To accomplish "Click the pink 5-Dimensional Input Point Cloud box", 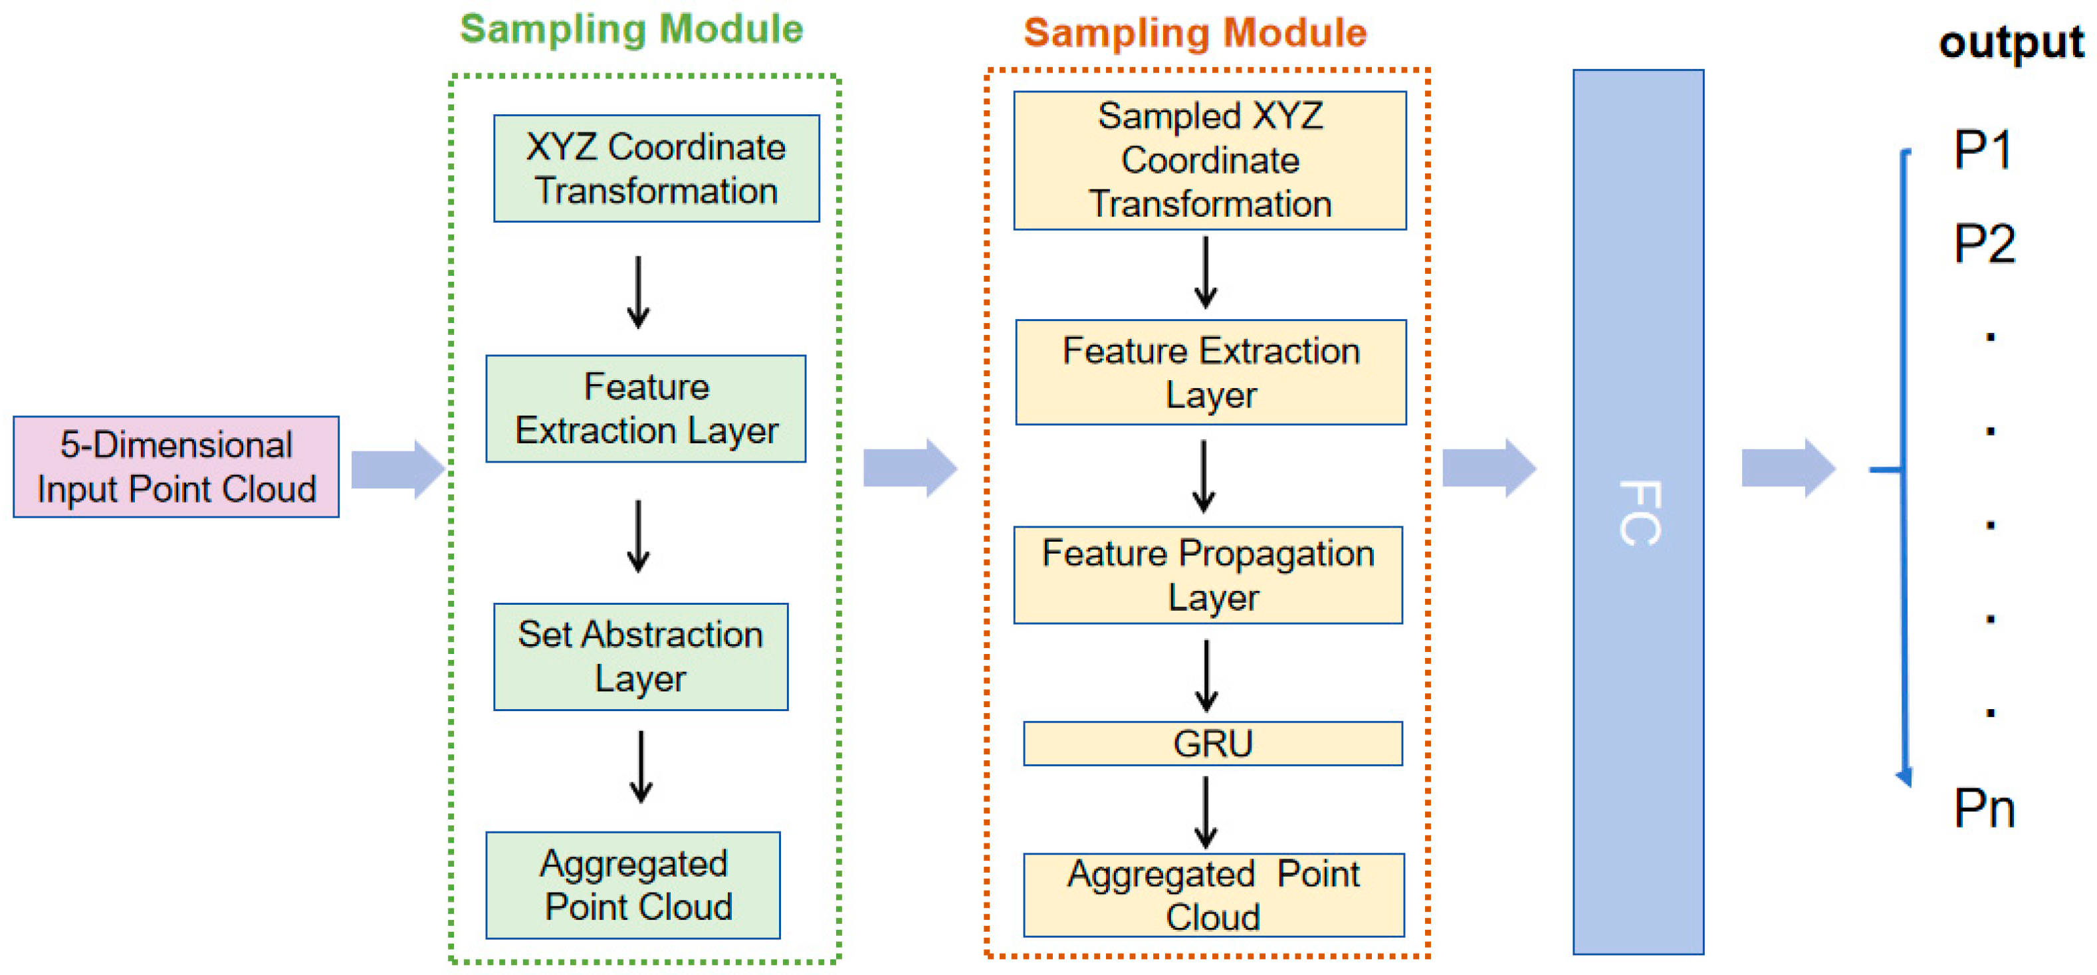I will [x=176, y=467].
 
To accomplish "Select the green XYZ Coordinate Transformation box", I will [x=656, y=168].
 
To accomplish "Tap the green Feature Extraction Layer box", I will [x=645, y=409].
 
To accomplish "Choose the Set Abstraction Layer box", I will [x=641, y=657].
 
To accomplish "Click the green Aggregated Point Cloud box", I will [x=633, y=885].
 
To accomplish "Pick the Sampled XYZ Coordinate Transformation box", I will [x=1210, y=160].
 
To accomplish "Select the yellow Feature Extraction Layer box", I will [x=1210, y=372].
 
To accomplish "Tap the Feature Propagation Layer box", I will [x=1208, y=575].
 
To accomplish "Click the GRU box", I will [x=1212, y=743].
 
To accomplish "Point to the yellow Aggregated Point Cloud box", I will [x=1213, y=895].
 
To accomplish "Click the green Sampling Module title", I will [x=631, y=29].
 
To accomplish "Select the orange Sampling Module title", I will [x=1195, y=33].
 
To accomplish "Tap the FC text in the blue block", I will [x=1638, y=512].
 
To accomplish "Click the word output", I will [x=2011, y=43].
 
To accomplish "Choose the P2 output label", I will [x=1985, y=243].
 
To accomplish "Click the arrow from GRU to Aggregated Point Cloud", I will [x=1206, y=812].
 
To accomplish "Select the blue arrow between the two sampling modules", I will [x=910, y=468].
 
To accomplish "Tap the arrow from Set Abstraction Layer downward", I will [x=641, y=767].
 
